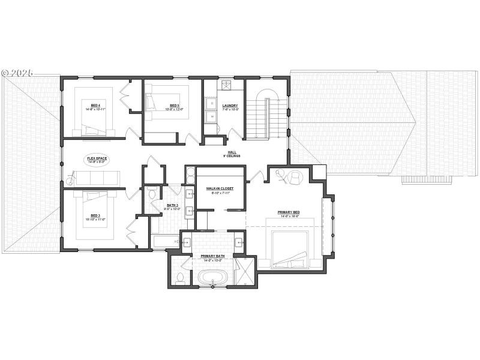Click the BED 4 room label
point(96,106)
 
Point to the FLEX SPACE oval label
point(97,160)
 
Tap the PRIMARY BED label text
point(289,214)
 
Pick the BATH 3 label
point(173,207)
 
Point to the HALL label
point(232,154)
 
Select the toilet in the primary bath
point(181,277)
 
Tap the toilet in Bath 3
point(152,193)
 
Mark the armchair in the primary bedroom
point(295,178)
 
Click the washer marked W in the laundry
point(211,104)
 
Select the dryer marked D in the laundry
point(211,116)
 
